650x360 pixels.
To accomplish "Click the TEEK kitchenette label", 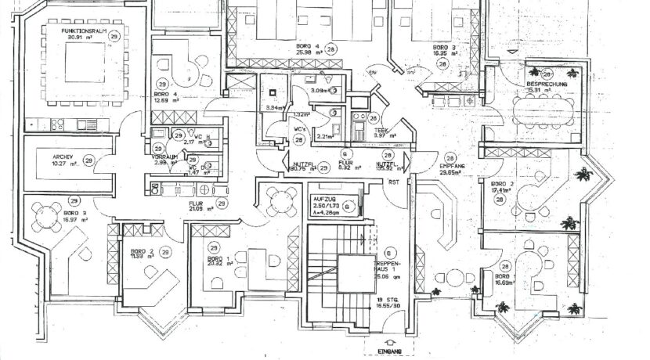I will point(383,130).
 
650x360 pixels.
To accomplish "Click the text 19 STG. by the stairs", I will point(382,301).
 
